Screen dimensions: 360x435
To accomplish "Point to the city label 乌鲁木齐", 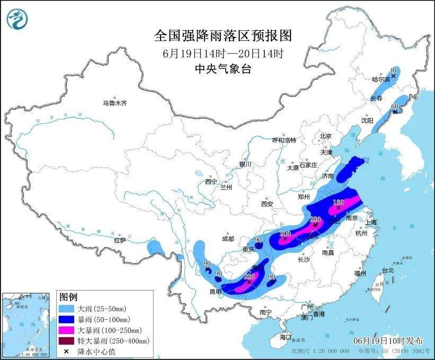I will (115, 103).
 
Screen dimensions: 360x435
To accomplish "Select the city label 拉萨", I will (120, 240).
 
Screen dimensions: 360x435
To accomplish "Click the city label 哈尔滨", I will (380, 80).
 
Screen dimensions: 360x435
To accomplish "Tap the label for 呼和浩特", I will (284, 140).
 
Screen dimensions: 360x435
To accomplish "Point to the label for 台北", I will (388, 270).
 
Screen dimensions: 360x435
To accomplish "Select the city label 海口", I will (286, 337).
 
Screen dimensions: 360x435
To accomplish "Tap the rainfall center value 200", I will (285, 233).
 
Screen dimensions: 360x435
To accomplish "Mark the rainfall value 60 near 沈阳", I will (394, 107).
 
